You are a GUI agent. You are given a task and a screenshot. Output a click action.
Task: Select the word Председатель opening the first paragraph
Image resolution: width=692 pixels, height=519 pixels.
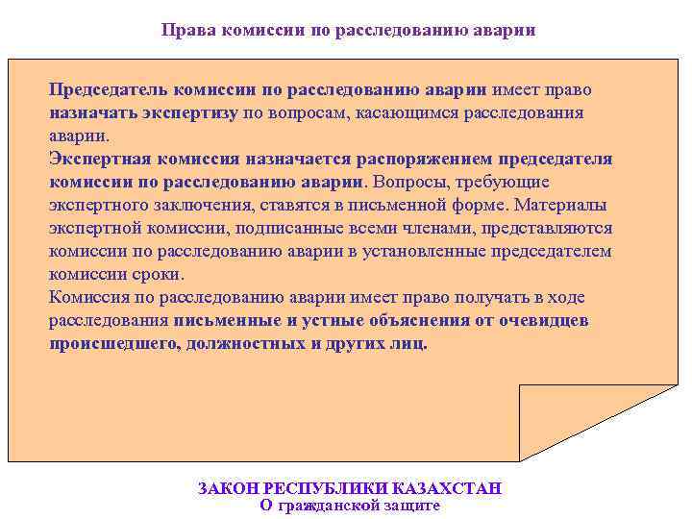109,90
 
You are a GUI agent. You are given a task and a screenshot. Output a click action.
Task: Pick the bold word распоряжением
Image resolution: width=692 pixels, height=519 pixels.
428,159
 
